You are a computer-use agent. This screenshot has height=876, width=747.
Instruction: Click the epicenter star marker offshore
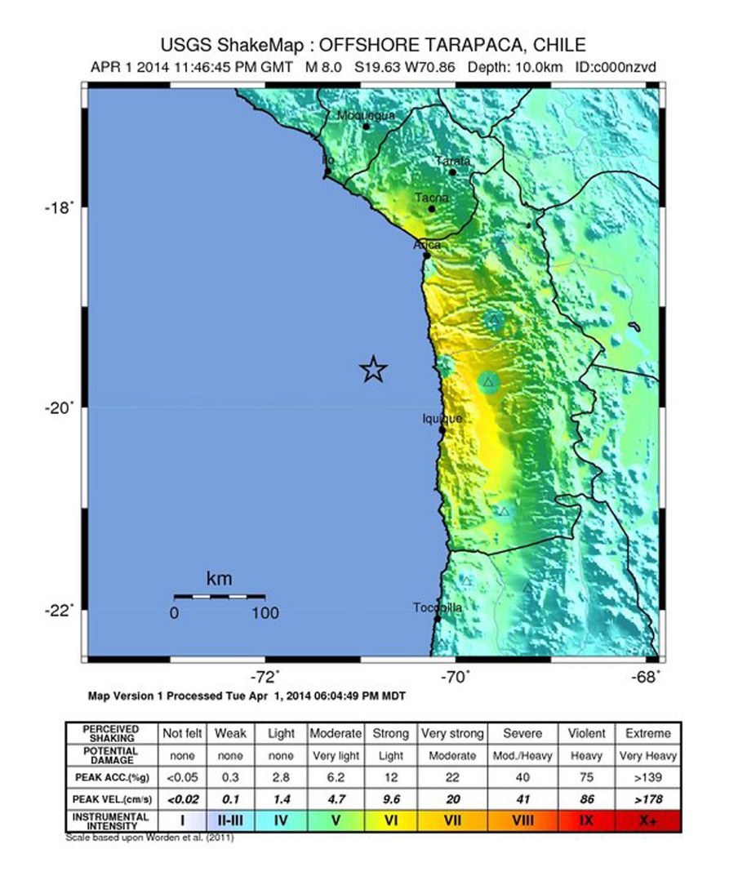tap(373, 370)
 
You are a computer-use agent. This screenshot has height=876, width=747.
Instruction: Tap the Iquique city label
tap(442, 418)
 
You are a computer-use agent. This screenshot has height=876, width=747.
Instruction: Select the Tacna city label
tap(430, 198)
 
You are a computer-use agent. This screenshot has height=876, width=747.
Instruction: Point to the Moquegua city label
tap(366, 115)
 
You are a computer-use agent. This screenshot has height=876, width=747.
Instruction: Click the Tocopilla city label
tap(438, 607)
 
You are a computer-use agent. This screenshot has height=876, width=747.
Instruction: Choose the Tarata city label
tap(452, 161)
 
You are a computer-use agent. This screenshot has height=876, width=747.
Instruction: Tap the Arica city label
tap(427, 244)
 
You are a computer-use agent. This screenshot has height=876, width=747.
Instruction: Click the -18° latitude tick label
tap(60, 207)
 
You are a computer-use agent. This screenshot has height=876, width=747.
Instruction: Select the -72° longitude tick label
tap(265, 676)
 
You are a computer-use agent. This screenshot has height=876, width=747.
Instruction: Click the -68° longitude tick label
tap(647, 676)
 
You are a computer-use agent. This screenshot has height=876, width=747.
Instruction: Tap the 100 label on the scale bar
tap(265, 613)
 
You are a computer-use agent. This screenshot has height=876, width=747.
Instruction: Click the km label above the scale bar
tap(219, 580)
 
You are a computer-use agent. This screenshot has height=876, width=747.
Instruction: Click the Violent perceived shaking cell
tap(585, 733)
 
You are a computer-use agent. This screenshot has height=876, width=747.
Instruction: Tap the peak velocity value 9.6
tap(391, 798)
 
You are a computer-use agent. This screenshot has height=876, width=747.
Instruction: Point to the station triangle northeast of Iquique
tap(488, 382)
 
